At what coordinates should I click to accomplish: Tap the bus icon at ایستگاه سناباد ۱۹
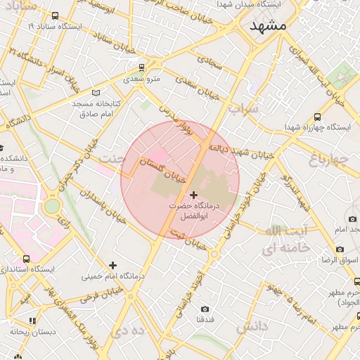[56, 15]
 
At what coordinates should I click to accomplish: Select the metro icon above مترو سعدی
[142, 67]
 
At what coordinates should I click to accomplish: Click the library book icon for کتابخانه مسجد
[96, 93]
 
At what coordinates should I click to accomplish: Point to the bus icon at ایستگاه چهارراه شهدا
[317, 117]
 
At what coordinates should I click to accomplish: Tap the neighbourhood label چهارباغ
[328, 160]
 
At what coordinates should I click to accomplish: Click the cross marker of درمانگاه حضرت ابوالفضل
[193, 194]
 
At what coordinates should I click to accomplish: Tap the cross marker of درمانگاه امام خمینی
[112, 265]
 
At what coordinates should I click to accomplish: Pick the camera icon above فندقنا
[205, 309]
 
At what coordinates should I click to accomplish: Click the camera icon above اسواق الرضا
[340, 249]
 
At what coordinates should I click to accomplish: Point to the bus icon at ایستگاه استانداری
[27, 259]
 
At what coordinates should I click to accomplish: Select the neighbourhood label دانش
[251, 328]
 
